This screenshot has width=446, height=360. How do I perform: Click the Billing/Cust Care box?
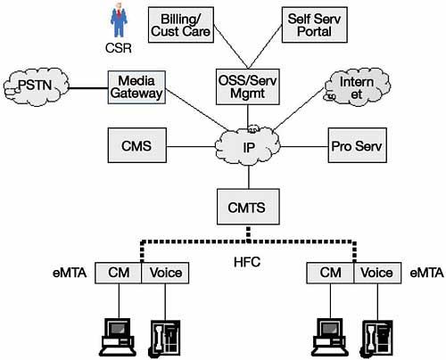[x=181, y=25]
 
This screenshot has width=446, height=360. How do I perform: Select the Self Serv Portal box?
[x=315, y=25]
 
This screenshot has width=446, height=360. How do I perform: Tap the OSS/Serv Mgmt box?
[x=248, y=86]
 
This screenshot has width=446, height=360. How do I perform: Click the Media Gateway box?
[x=136, y=87]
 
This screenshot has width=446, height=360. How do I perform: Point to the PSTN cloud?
[x=37, y=86]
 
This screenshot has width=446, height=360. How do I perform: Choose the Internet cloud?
[x=357, y=87]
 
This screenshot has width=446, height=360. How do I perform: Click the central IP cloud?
[x=248, y=146]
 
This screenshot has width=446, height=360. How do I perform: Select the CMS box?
[x=136, y=145]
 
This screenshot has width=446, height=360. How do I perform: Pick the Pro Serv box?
[x=358, y=145]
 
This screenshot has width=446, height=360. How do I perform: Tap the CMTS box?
[x=248, y=207]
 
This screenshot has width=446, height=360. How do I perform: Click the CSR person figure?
[x=119, y=20]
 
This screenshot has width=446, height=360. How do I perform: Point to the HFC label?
[x=247, y=262]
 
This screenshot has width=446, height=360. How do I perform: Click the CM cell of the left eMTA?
[x=119, y=273]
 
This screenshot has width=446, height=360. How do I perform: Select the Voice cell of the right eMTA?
[x=377, y=273]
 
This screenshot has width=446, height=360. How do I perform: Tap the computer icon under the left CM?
[x=118, y=338]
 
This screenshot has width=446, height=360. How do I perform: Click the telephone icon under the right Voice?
[x=376, y=339]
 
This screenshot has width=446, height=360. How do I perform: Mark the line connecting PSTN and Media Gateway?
[x=88, y=88]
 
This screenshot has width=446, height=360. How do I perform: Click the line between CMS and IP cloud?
[x=191, y=146]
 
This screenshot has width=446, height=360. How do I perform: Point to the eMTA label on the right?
[x=426, y=273]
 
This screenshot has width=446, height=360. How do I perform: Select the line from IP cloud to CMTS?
[x=249, y=177]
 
